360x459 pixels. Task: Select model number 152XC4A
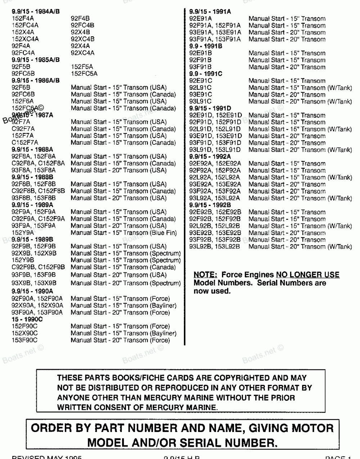(25, 39)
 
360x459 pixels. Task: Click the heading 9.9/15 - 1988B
(32, 177)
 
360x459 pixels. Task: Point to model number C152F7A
(25, 143)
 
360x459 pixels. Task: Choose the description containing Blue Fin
(124, 233)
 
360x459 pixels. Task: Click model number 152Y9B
(23, 260)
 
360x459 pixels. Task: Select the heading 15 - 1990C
(27, 319)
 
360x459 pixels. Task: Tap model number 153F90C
(24, 340)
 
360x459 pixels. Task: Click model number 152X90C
(24, 333)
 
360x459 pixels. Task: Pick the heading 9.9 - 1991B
(206, 46)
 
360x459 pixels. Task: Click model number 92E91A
(201, 19)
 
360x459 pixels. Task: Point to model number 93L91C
(201, 102)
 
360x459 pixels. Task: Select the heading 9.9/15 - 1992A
(210, 157)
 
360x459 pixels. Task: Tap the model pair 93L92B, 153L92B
(215, 247)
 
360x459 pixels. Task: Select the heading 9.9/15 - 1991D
(210, 108)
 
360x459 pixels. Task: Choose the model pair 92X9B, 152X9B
(34, 253)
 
